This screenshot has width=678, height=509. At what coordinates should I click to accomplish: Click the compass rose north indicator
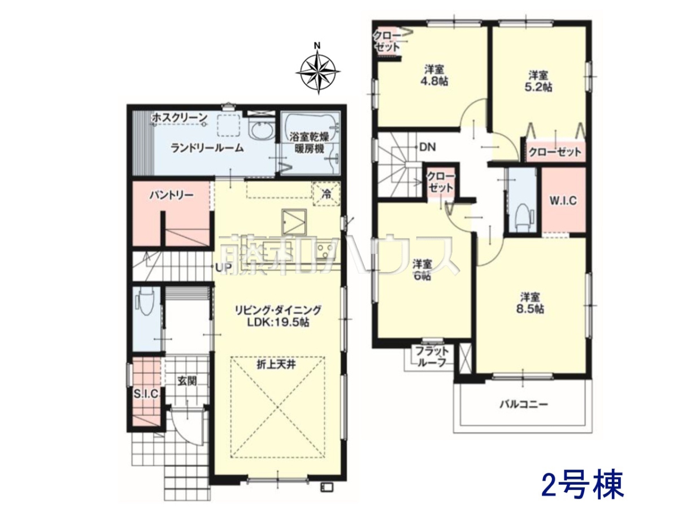point(317,46)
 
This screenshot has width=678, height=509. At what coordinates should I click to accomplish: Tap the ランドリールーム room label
point(207,148)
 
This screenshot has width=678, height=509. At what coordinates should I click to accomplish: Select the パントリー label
point(172,195)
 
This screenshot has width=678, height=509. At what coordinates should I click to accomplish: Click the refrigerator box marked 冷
point(327,194)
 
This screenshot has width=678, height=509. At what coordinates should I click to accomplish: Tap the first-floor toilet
point(145,301)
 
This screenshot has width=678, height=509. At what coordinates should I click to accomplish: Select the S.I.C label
point(146,394)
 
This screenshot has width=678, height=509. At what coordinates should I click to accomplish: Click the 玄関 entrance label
point(187,381)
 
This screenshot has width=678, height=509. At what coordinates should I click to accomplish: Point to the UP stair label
point(223,268)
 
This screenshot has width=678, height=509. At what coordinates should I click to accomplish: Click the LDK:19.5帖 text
point(278,322)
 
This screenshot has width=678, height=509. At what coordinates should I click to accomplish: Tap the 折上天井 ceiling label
point(276,365)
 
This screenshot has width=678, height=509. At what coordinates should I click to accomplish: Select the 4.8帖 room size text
point(434,81)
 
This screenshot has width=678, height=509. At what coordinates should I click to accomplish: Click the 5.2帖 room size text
point(538,87)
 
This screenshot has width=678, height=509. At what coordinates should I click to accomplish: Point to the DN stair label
point(428,147)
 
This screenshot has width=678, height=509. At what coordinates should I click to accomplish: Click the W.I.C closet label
point(563,201)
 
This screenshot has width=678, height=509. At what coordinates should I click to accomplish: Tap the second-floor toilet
point(524,217)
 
